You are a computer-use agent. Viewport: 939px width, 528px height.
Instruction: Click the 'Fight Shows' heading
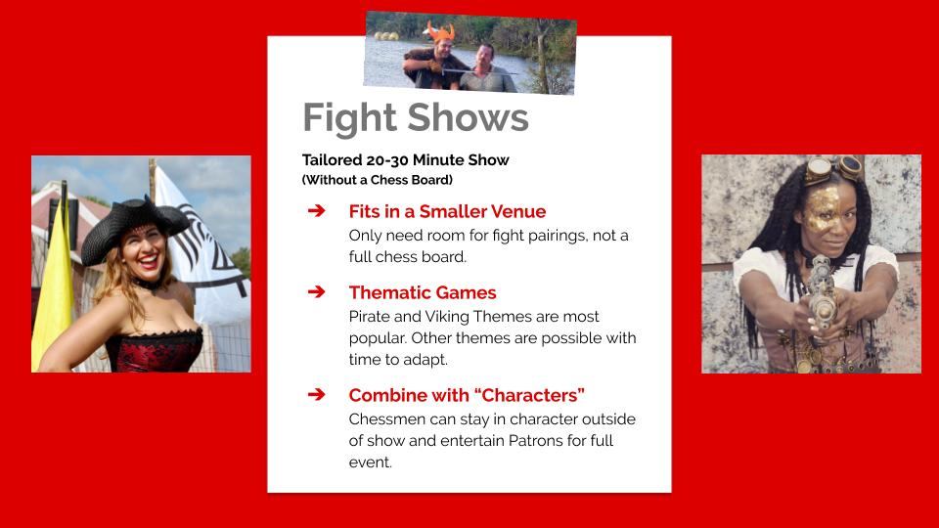point(416,118)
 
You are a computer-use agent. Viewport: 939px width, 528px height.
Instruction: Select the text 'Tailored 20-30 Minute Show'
point(405,159)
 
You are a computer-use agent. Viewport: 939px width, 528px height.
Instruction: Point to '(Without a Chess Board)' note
point(378,180)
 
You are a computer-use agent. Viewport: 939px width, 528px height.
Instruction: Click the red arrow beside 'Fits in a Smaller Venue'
point(316,211)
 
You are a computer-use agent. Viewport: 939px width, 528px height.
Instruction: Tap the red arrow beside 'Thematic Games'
point(316,291)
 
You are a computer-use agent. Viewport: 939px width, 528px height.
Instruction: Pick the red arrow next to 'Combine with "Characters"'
point(316,394)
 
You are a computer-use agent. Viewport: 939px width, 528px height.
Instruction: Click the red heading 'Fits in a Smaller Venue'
point(447,211)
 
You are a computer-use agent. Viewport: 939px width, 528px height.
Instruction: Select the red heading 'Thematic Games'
point(423,292)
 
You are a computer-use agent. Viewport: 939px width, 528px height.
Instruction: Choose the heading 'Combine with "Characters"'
point(467,395)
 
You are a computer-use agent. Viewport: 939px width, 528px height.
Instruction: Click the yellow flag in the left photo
point(54,290)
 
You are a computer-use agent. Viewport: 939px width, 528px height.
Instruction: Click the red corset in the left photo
point(154,351)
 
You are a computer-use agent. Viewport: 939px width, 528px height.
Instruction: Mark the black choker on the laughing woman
point(147,284)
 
